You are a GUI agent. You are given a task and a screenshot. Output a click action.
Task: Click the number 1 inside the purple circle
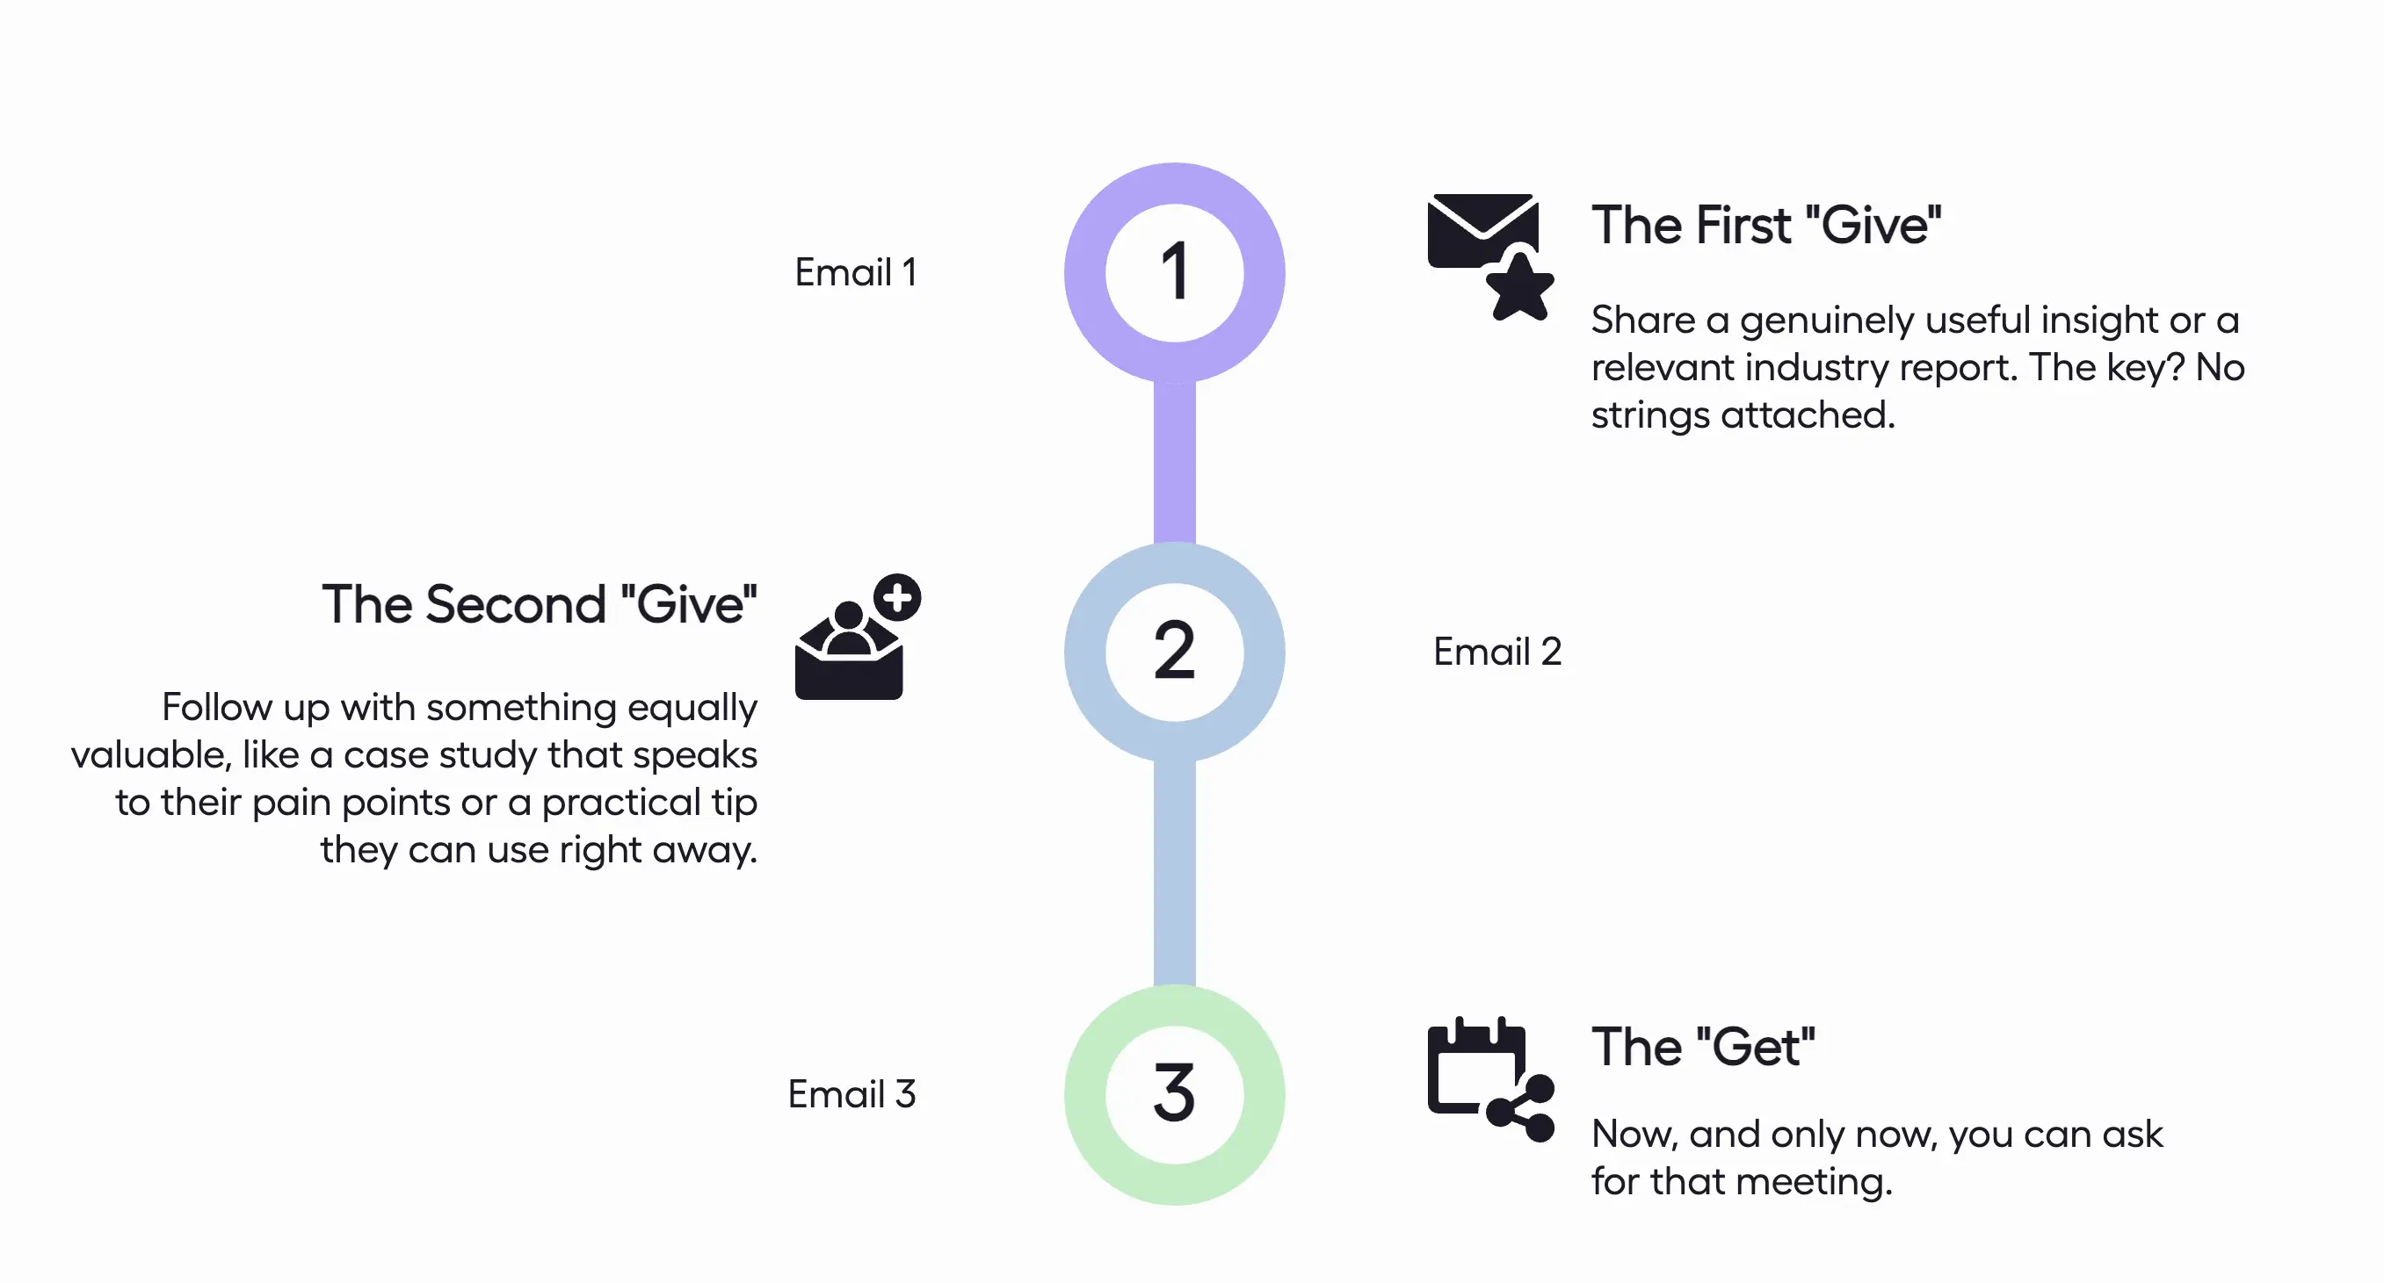(x=1174, y=272)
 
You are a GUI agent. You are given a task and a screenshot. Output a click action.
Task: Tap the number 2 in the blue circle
(x=1174, y=652)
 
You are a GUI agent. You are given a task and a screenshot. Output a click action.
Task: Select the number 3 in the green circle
(x=1174, y=1093)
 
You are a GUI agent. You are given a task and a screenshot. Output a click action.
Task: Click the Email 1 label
(x=855, y=273)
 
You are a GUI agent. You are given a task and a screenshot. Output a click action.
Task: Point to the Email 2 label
(x=1496, y=652)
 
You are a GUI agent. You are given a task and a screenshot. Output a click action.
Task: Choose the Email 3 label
(x=851, y=1094)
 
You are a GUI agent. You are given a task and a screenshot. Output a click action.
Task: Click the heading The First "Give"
(x=1764, y=226)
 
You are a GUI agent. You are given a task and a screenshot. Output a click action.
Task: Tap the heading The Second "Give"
(x=540, y=605)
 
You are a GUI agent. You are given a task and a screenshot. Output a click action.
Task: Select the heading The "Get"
(x=1703, y=1047)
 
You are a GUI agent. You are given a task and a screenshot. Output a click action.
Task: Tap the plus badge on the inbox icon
(x=897, y=597)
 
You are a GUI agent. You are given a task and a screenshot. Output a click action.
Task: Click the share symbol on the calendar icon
(x=1522, y=1108)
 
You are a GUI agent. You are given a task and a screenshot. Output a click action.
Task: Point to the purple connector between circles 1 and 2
(x=1174, y=463)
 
